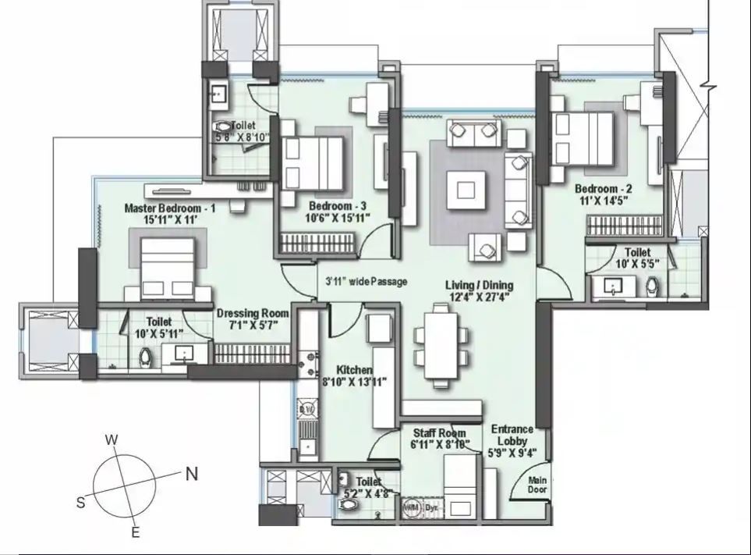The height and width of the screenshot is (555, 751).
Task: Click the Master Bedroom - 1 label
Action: pos(169,208)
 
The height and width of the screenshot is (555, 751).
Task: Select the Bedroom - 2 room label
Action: pos(603,189)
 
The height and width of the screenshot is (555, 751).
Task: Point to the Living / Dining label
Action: pos(479,285)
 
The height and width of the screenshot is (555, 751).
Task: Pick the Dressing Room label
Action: pos(253,313)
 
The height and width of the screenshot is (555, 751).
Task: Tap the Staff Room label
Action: pos(440,433)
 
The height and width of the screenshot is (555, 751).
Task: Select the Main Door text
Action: pos(537,485)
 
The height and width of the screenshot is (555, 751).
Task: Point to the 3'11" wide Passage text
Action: pos(366,281)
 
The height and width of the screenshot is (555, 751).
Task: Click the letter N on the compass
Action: pos(192,473)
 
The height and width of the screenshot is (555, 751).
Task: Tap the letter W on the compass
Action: pos(112,440)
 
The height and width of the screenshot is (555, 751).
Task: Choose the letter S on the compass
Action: pos(80,503)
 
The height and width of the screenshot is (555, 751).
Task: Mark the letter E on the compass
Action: pos(135,533)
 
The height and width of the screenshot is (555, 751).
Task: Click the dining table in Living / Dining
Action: pos(441,346)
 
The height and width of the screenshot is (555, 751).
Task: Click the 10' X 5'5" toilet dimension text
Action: pos(637,265)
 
